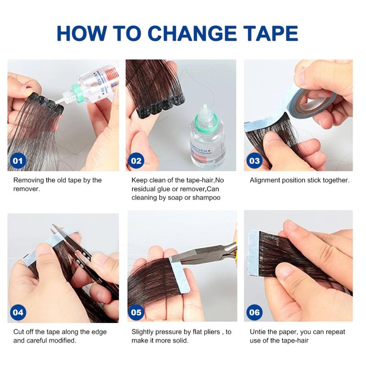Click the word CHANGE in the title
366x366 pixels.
click(x=192, y=33)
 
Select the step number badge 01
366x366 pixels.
click(x=18, y=161)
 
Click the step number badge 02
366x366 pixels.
click(x=136, y=161)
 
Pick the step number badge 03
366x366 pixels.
click(x=254, y=161)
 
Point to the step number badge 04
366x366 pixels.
click(x=18, y=312)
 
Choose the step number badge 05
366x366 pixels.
click(x=136, y=312)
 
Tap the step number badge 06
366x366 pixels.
click(x=254, y=312)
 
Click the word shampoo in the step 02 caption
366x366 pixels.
click(x=206, y=198)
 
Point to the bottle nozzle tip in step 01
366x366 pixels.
click(x=56, y=101)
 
